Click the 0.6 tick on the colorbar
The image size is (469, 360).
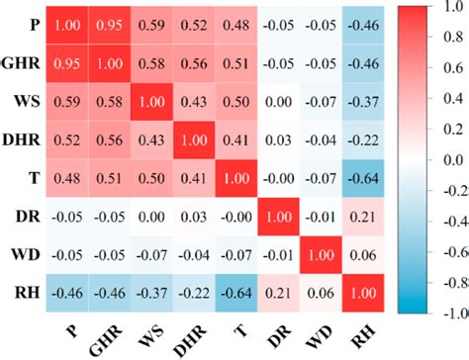coord(451,68)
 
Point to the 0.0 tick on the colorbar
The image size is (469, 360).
coord(451,159)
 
